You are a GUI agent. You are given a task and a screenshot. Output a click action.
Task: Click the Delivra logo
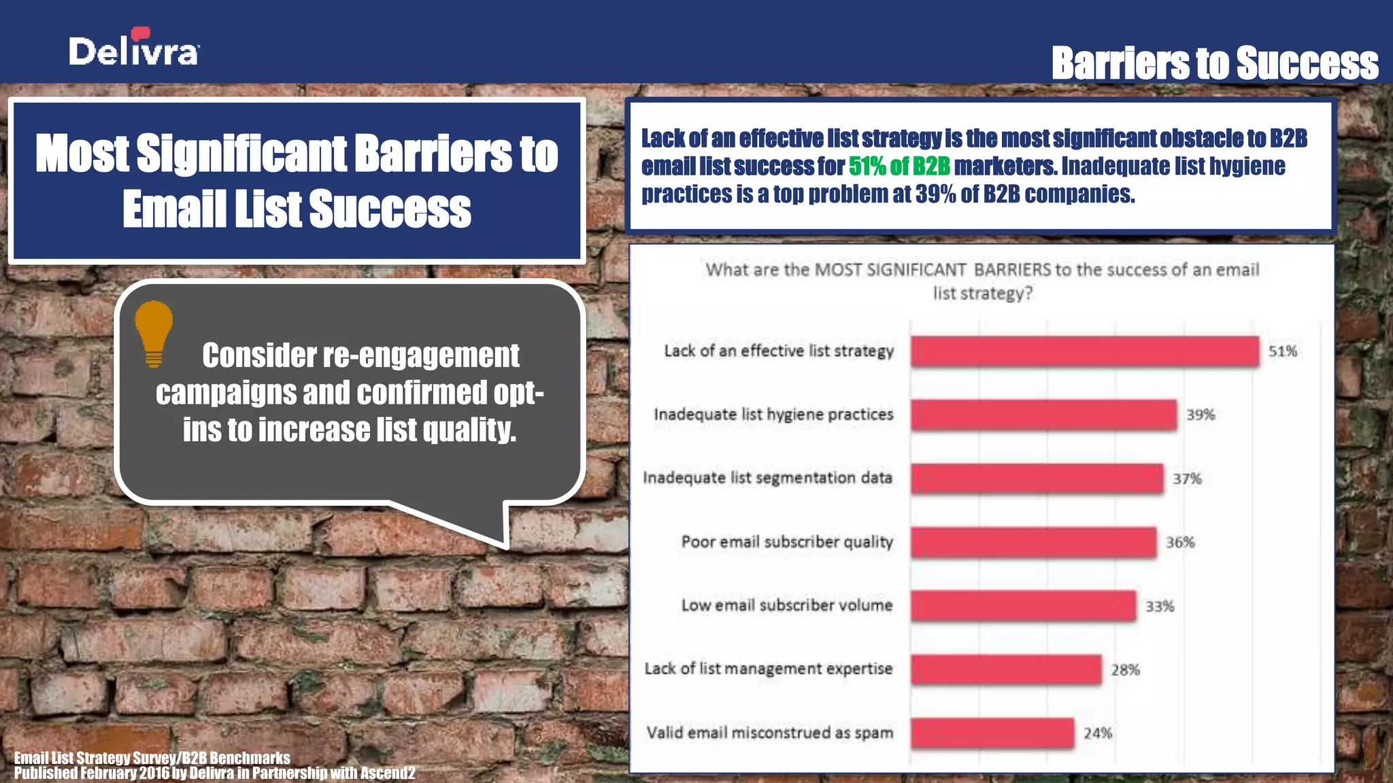[x=134, y=49]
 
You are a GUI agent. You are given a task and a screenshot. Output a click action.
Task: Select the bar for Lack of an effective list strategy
[x=1084, y=351]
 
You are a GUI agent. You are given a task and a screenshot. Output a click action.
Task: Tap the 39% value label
[x=1200, y=415]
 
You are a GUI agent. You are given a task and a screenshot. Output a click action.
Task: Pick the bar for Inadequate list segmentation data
[x=1037, y=478]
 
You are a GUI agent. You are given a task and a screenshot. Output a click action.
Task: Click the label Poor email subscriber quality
[x=786, y=542]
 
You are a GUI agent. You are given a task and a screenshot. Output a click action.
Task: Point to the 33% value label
[x=1159, y=606]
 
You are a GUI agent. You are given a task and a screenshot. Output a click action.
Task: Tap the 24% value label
[x=1097, y=733]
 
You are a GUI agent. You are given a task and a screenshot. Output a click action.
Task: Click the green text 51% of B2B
[x=899, y=167]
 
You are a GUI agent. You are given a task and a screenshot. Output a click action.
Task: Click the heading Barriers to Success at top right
[x=1214, y=63]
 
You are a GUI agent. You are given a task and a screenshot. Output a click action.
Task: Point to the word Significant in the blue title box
[x=241, y=153]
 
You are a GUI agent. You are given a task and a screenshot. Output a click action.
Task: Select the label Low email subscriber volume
[x=786, y=605]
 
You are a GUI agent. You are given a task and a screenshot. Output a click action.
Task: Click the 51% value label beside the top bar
[x=1282, y=351]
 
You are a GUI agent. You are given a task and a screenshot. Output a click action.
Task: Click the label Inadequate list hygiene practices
[x=773, y=415]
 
